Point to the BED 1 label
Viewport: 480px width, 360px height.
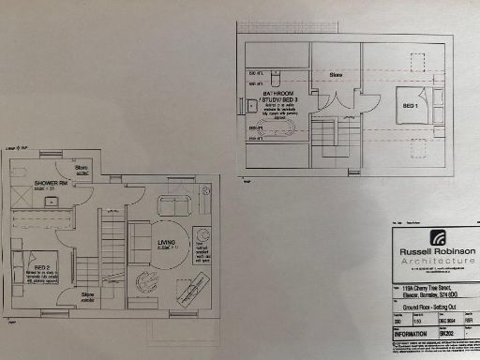[x=409, y=106]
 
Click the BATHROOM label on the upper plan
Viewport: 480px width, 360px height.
[x=282, y=95]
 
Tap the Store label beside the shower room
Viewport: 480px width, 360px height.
[x=82, y=169]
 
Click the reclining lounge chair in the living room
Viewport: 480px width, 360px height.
[x=193, y=277]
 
